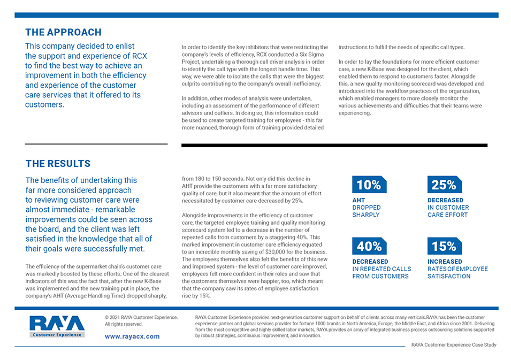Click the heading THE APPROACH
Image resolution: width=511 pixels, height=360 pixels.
(64, 32)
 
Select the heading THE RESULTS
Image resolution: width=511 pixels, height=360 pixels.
(58, 164)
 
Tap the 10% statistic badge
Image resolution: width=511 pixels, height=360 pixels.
(369, 185)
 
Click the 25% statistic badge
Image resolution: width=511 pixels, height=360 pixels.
(445, 185)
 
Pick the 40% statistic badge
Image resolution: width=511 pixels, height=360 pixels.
(369, 246)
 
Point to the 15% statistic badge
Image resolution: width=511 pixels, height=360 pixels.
(445, 246)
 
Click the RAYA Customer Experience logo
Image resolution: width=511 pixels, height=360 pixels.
(57, 326)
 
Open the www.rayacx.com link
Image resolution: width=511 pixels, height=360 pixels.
(132, 336)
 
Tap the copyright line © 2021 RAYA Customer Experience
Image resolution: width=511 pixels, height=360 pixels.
(141, 317)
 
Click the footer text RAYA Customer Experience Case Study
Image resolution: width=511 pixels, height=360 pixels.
(454, 344)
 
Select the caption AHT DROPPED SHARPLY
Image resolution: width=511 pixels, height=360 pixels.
(367, 208)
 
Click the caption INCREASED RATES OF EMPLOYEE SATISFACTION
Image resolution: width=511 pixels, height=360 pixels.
(457, 269)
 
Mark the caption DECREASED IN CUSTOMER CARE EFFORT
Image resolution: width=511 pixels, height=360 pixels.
(448, 208)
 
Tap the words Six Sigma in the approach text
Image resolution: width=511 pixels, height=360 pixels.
(311, 55)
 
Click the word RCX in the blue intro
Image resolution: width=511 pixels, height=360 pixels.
(140, 56)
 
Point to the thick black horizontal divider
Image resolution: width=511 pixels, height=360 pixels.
(334, 145)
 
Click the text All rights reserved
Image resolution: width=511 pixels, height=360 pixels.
(124, 324)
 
